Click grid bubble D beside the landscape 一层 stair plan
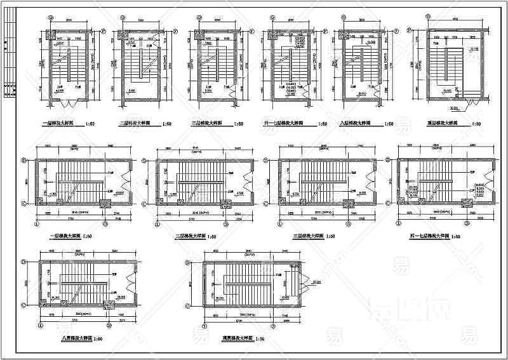pos(24,161)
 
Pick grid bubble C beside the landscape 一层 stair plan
pos(24,203)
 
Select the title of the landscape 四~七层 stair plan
pos(430,236)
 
